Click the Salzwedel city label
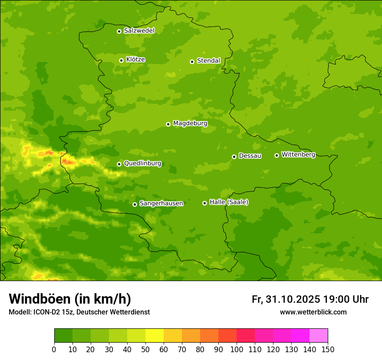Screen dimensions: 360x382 point(139,31)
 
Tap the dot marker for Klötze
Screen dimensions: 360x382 point(121,60)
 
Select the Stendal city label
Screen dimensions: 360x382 point(209,61)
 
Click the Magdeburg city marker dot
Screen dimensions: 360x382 point(168,124)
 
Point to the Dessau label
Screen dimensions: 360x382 point(250,156)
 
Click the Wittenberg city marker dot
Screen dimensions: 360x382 point(277,155)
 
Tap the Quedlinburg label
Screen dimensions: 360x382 point(142,164)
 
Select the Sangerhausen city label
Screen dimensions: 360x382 point(161,203)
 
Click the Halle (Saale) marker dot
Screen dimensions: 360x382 point(204,203)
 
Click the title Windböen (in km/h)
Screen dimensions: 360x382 point(70,299)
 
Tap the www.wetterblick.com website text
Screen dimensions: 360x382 point(313,312)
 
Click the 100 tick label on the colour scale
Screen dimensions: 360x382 point(237,350)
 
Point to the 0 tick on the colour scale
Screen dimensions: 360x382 point(54,350)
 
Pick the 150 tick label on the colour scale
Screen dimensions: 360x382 point(328,350)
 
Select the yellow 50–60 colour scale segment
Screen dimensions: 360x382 point(155,336)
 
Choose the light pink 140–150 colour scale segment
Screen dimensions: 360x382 point(319,336)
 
